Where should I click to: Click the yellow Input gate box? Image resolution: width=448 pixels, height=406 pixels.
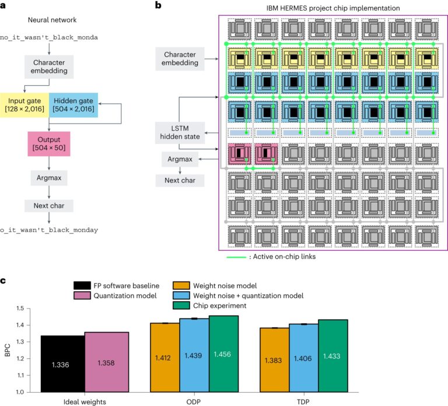coord(24,105)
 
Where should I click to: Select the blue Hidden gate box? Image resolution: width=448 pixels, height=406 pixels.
coord(73,105)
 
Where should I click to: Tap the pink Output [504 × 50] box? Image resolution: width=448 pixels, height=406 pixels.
coord(49,143)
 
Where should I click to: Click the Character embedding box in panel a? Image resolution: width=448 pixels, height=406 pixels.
coord(49,66)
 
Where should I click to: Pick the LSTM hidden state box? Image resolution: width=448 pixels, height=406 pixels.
coord(180,132)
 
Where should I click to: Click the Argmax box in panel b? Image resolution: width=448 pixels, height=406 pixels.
coord(180,159)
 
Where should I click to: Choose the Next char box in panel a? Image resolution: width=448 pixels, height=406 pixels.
coord(49,206)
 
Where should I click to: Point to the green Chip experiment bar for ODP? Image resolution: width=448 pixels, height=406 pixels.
coord(224,353)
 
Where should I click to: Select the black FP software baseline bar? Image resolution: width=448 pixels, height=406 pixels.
coord(63,364)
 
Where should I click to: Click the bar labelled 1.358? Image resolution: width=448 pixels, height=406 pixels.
coord(107,362)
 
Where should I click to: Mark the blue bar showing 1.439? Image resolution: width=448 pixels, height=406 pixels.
coord(195,355)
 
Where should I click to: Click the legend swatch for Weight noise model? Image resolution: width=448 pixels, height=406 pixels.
coord(181,286)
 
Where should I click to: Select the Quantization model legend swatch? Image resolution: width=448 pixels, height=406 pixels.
coord(82,295)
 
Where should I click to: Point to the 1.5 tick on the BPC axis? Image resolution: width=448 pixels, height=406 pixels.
coord(20,308)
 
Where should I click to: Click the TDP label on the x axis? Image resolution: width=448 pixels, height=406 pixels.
coord(303,402)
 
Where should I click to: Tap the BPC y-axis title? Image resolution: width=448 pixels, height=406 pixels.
coord(8,350)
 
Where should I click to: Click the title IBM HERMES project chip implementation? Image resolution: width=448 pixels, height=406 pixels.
coord(333,8)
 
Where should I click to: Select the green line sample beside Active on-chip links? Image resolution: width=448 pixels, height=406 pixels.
coord(236,257)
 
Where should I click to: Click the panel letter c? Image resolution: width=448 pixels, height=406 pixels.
coord(3,281)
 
